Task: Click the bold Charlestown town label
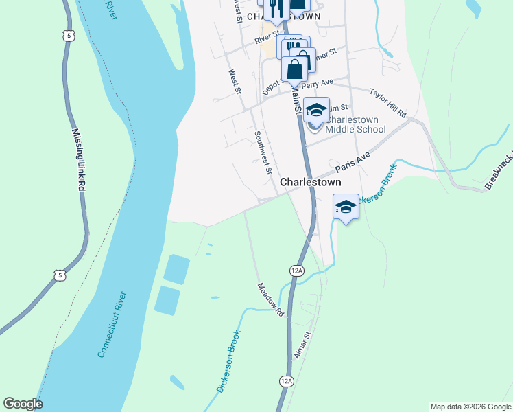[x=311, y=183]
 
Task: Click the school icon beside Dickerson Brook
[x=346, y=207]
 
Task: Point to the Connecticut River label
[x=112, y=325]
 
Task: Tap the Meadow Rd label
[x=271, y=299]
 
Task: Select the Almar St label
[x=302, y=345]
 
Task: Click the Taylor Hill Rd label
[x=387, y=102]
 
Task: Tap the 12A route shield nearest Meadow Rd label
[x=296, y=271]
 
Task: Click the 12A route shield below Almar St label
[x=287, y=380]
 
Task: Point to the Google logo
[x=23, y=404]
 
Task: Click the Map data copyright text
[x=470, y=407]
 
